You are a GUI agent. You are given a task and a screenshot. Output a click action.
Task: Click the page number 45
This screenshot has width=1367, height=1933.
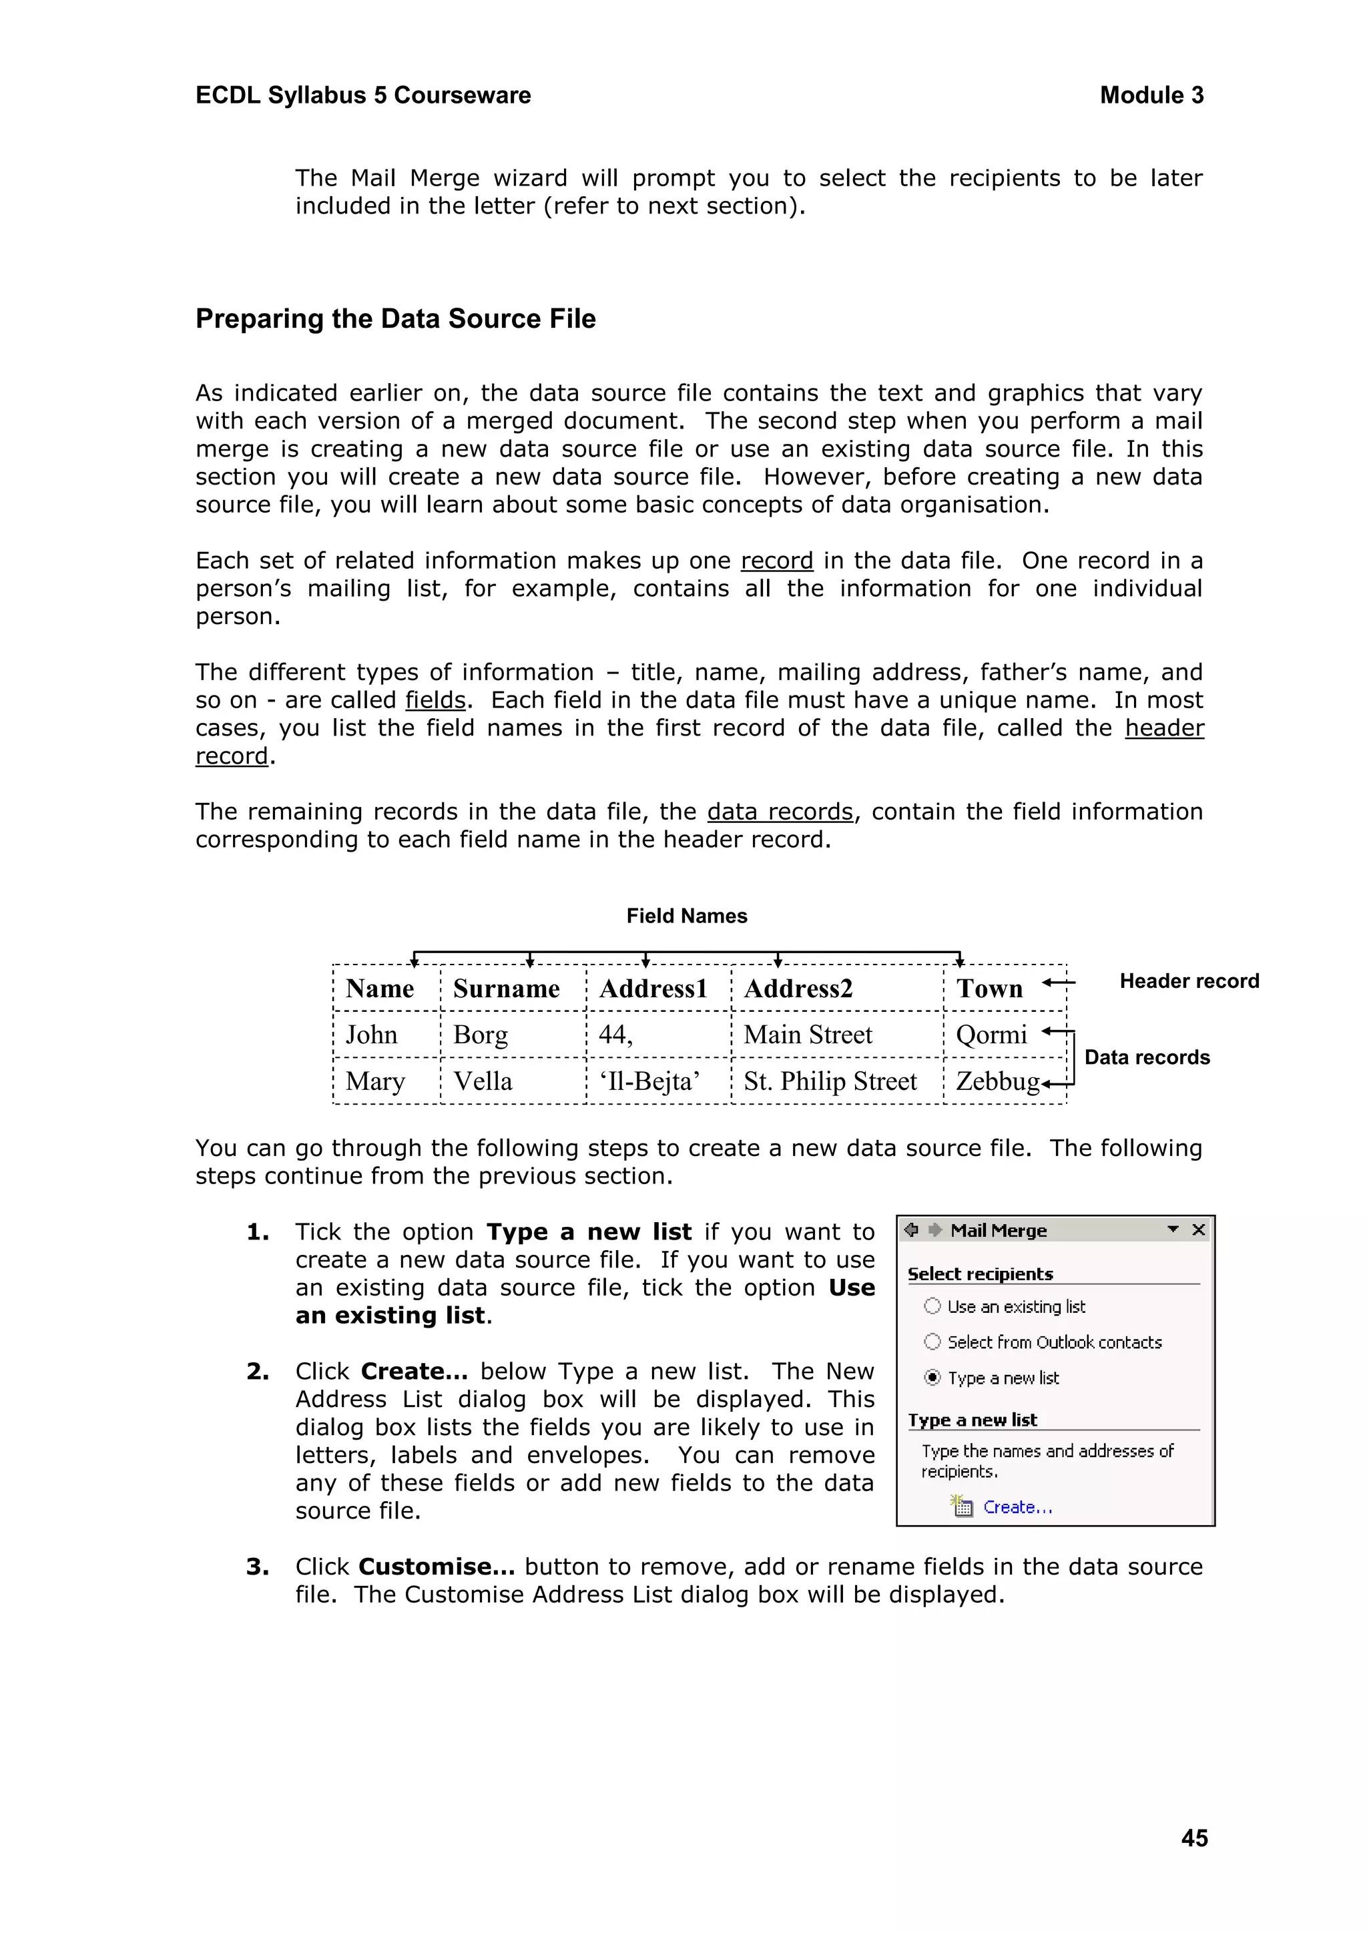tap(1193, 1838)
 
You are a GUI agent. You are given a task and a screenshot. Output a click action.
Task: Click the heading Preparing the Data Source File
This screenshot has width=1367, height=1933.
tap(396, 319)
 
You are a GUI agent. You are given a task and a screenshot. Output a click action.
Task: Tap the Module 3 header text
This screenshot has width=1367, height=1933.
tap(1151, 95)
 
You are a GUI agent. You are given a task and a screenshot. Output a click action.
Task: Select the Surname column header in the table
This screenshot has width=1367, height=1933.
tap(506, 989)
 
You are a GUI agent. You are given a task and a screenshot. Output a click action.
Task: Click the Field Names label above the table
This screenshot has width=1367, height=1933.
tap(686, 916)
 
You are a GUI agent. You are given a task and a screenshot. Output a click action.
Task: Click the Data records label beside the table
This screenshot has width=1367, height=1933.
tap(1147, 1057)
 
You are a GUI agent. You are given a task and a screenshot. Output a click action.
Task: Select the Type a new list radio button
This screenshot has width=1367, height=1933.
tap(932, 1378)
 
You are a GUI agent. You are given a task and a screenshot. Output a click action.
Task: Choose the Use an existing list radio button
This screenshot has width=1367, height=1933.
tap(932, 1306)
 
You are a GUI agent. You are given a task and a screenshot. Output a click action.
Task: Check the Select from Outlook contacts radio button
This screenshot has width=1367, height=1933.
tap(932, 1341)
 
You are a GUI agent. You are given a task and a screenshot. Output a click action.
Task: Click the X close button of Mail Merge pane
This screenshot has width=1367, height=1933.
tap(1199, 1230)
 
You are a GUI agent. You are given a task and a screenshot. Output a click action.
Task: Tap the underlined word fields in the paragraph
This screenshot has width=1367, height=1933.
tap(435, 700)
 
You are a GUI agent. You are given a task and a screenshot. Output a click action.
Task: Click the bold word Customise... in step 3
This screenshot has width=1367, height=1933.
tap(436, 1567)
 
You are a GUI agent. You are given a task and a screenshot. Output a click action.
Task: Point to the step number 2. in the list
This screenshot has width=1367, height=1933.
tap(258, 1372)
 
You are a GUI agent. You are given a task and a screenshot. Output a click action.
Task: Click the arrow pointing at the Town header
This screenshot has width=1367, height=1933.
tap(1058, 983)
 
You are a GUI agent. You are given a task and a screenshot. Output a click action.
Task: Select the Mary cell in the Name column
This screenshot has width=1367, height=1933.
tap(375, 1081)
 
